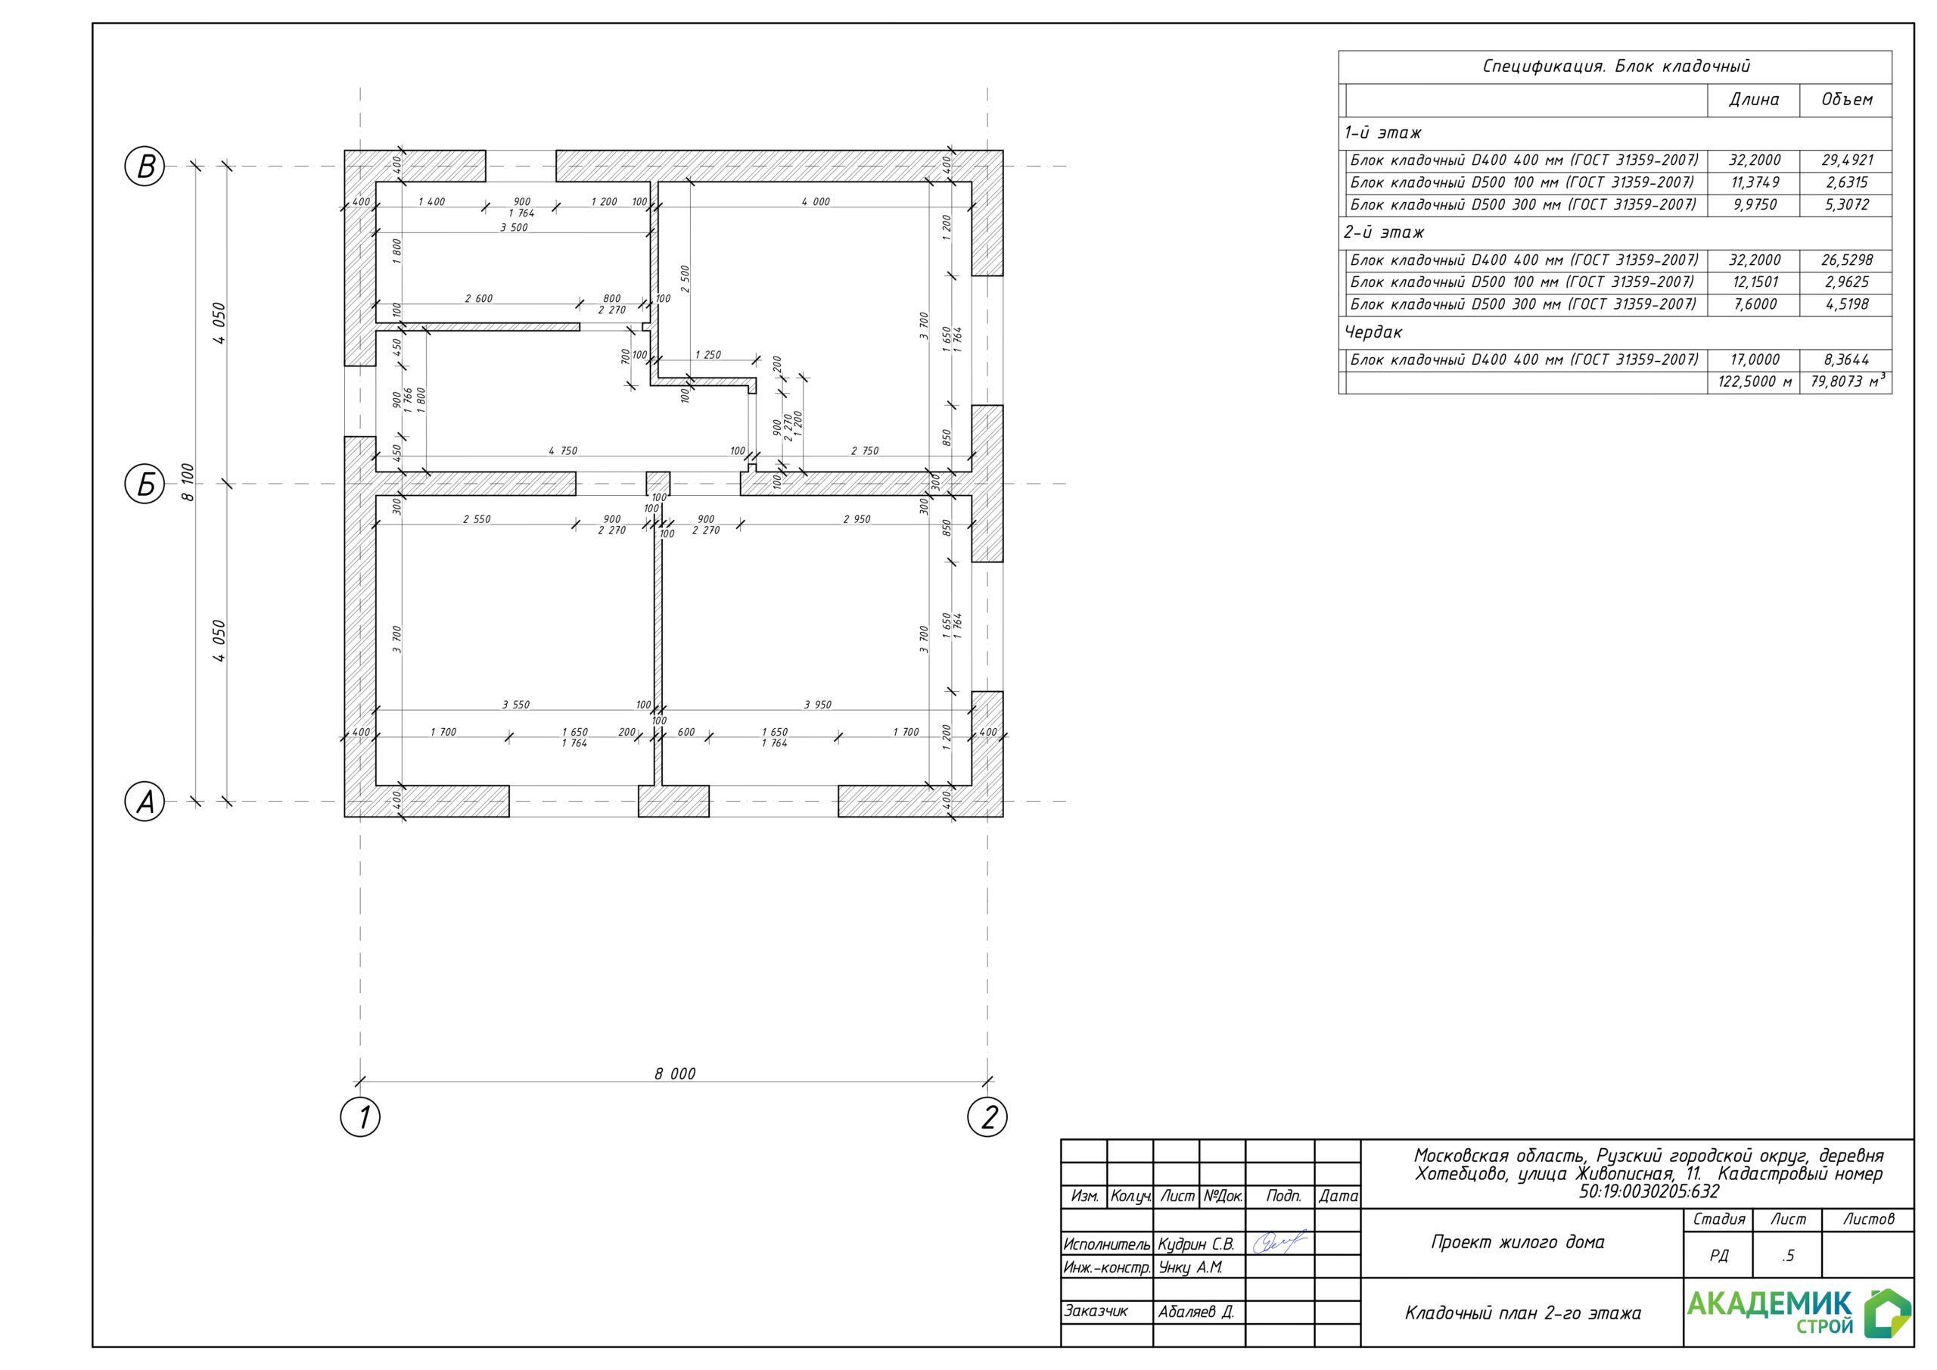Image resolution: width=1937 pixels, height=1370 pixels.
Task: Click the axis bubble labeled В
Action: click(145, 167)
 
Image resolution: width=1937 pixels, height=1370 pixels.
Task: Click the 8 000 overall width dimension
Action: click(675, 1074)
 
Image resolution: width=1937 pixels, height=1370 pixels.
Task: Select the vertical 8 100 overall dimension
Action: click(188, 482)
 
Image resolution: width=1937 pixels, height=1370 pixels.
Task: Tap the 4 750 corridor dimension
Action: click(563, 451)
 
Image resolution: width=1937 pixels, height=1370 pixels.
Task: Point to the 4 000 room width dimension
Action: click(816, 202)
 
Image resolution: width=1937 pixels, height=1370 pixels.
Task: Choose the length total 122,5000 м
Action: click(1755, 381)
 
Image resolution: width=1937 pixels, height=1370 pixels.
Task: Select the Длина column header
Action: click(1754, 100)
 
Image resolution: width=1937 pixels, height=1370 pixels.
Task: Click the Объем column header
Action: click(1847, 100)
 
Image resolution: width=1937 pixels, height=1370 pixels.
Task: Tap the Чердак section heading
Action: click(1373, 332)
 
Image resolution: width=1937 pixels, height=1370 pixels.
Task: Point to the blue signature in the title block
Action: click(1279, 1243)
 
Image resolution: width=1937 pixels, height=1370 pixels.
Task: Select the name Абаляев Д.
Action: click(1196, 1312)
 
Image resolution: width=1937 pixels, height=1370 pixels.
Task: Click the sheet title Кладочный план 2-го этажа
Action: click(1523, 1312)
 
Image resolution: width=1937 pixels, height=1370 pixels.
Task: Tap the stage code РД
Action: click(1718, 1256)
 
